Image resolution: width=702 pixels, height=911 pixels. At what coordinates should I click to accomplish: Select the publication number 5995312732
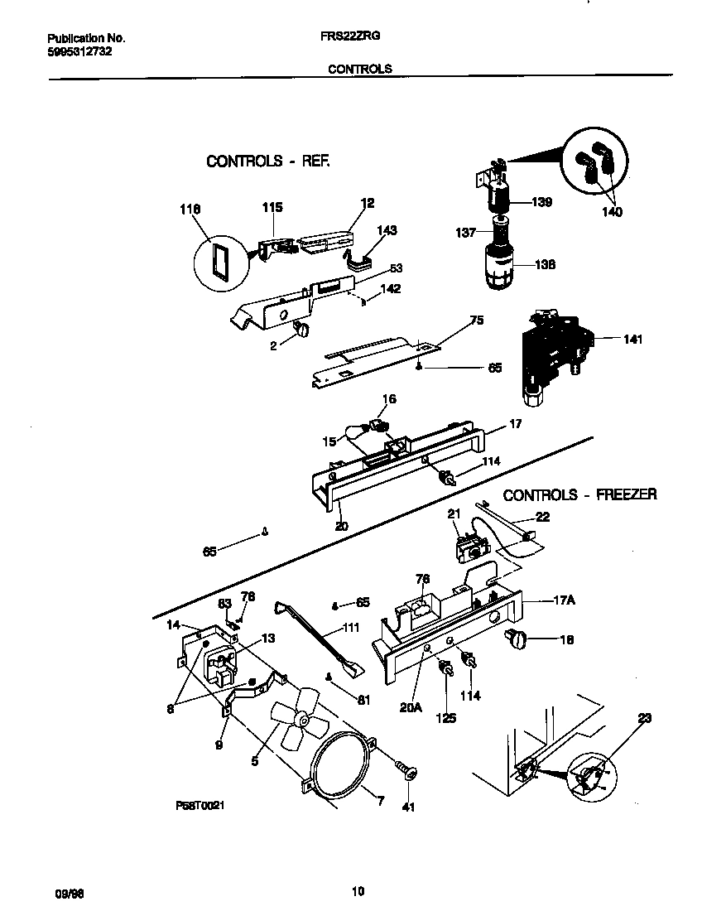pos(79,51)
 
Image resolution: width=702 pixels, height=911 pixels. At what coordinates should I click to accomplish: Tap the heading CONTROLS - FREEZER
pos(579,494)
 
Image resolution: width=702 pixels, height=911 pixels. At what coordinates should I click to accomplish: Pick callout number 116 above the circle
pos(190,210)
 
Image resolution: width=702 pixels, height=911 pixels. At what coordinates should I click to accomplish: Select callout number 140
pos(613,212)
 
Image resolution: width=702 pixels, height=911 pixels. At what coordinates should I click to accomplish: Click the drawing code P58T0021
pos(200,804)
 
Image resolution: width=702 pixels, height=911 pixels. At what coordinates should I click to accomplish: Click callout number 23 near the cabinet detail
pos(644,718)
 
